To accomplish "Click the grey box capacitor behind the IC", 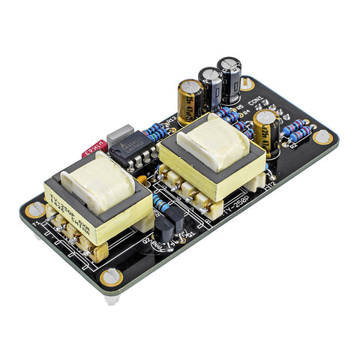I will coord(120,138).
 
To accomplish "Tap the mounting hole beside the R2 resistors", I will coord(322,137).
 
